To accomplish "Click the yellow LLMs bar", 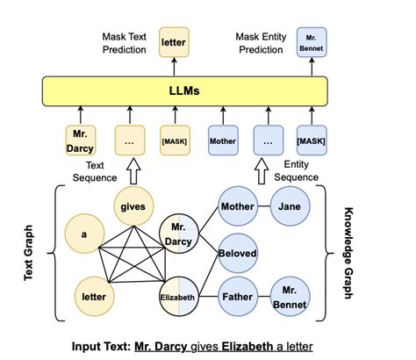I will point(185,91).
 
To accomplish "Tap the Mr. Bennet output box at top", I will point(312,42).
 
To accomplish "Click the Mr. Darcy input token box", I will point(81,140).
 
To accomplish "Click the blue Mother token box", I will point(222,140).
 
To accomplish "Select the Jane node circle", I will point(290,207).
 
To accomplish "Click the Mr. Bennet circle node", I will point(290,299).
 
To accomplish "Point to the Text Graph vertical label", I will point(30,252).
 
